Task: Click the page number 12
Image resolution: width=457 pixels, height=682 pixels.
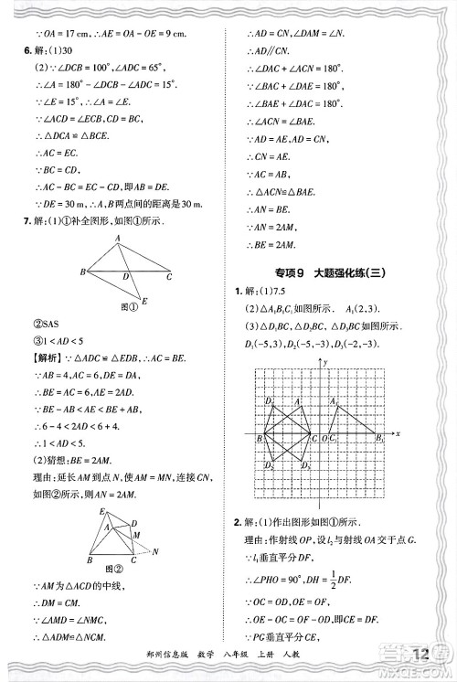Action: [x=421, y=655]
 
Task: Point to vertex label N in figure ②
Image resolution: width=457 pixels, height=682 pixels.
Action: [x=155, y=551]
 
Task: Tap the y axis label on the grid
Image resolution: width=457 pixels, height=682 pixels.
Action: [x=326, y=363]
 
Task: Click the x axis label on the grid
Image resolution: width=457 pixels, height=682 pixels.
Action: [x=399, y=433]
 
